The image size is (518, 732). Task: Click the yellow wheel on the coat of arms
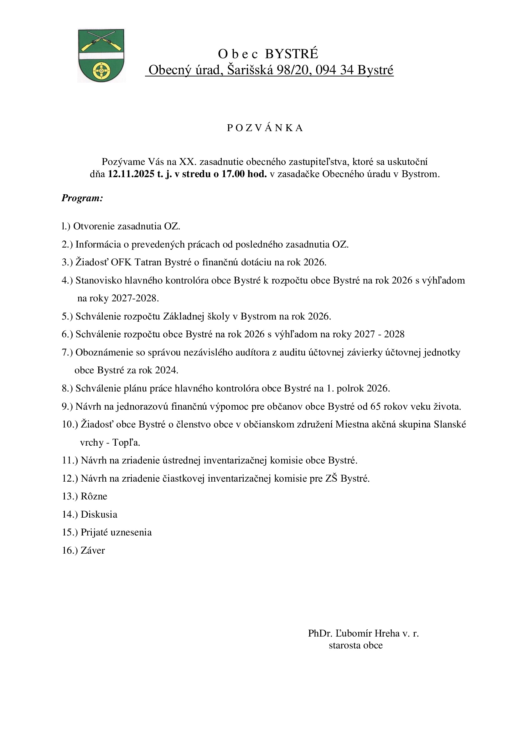pos(101,70)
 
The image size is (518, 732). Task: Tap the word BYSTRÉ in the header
pos(292,54)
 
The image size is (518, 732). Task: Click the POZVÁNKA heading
pos(265,128)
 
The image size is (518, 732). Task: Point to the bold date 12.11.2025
pos(131,174)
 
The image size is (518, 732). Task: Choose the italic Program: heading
pos(82,198)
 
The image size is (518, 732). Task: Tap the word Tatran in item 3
pos(148,262)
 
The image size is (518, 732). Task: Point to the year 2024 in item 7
pos(166,370)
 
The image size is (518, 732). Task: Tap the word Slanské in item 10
pos(450,424)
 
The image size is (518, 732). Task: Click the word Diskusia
pos(99,514)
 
